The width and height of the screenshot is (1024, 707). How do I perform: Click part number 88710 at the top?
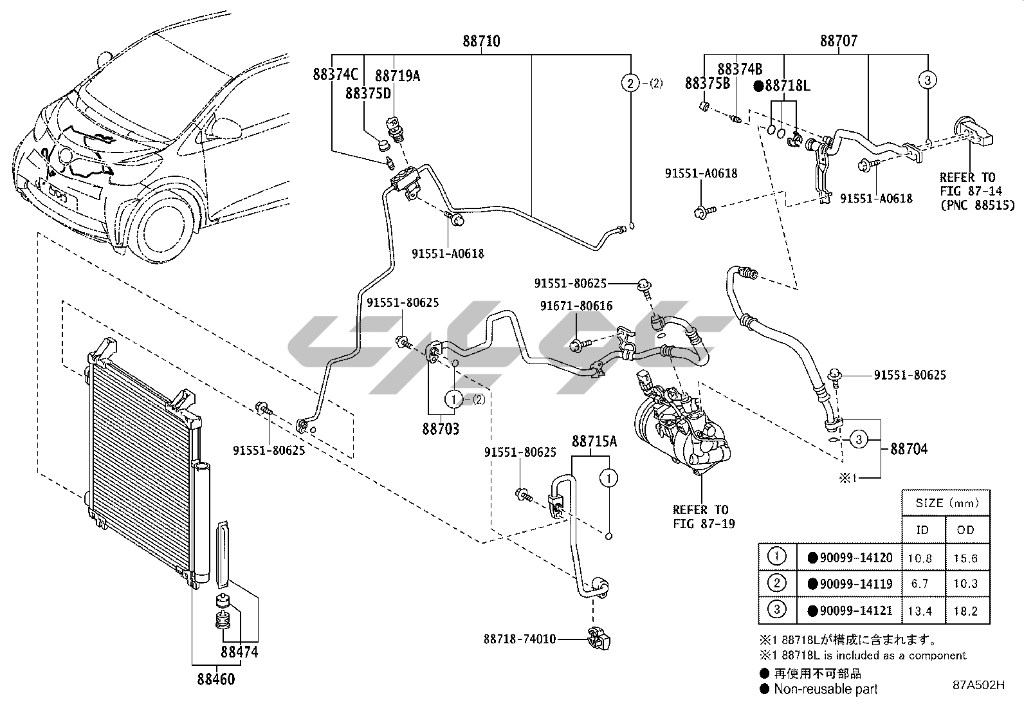pos(481,41)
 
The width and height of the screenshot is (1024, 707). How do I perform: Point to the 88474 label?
pos(239,652)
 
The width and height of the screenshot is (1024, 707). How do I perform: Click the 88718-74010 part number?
pos(520,639)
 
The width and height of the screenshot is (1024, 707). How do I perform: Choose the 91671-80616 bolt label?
pos(576,306)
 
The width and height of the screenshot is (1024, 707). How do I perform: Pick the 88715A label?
pos(594,441)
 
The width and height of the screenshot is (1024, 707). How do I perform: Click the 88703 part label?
pos(441,428)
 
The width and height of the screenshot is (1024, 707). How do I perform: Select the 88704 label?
pos(909,449)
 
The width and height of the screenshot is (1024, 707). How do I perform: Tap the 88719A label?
pos(398,76)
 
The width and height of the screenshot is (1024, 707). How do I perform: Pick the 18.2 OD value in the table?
pos(966,611)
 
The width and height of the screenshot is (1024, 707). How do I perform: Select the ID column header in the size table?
pos(922,529)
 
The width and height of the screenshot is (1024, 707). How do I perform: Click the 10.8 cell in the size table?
pos(920,558)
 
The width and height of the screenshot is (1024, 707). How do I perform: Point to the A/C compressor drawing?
pos(675,425)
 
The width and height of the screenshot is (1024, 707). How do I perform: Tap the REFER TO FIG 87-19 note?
pos(700,517)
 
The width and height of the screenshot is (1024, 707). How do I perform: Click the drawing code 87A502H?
pos(979,686)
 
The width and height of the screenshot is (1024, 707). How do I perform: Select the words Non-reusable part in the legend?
pos(826,690)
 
